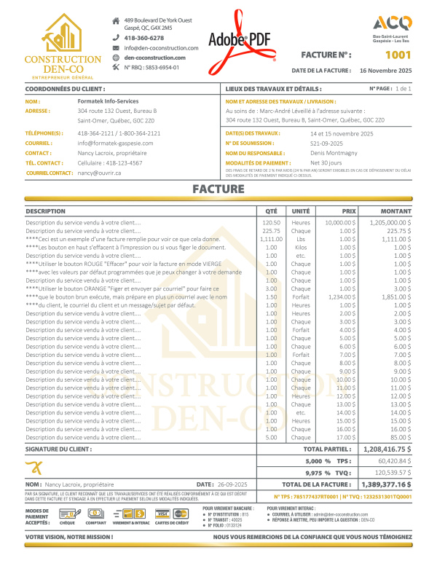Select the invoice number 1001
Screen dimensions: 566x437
tap(398, 55)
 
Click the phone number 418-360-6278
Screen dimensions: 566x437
tap(144, 37)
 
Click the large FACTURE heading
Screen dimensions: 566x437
tap(219, 189)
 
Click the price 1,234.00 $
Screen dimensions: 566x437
tap(340, 297)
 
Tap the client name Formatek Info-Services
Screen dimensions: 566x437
tap(109, 101)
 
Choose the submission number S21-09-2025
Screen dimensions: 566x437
tap(330, 144)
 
